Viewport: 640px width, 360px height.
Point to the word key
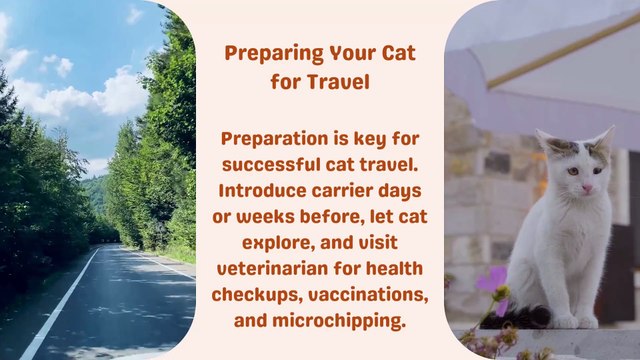coord(377,138)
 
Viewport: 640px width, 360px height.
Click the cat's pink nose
coord(587,188)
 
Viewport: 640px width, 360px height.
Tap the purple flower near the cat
coord(491,279)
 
